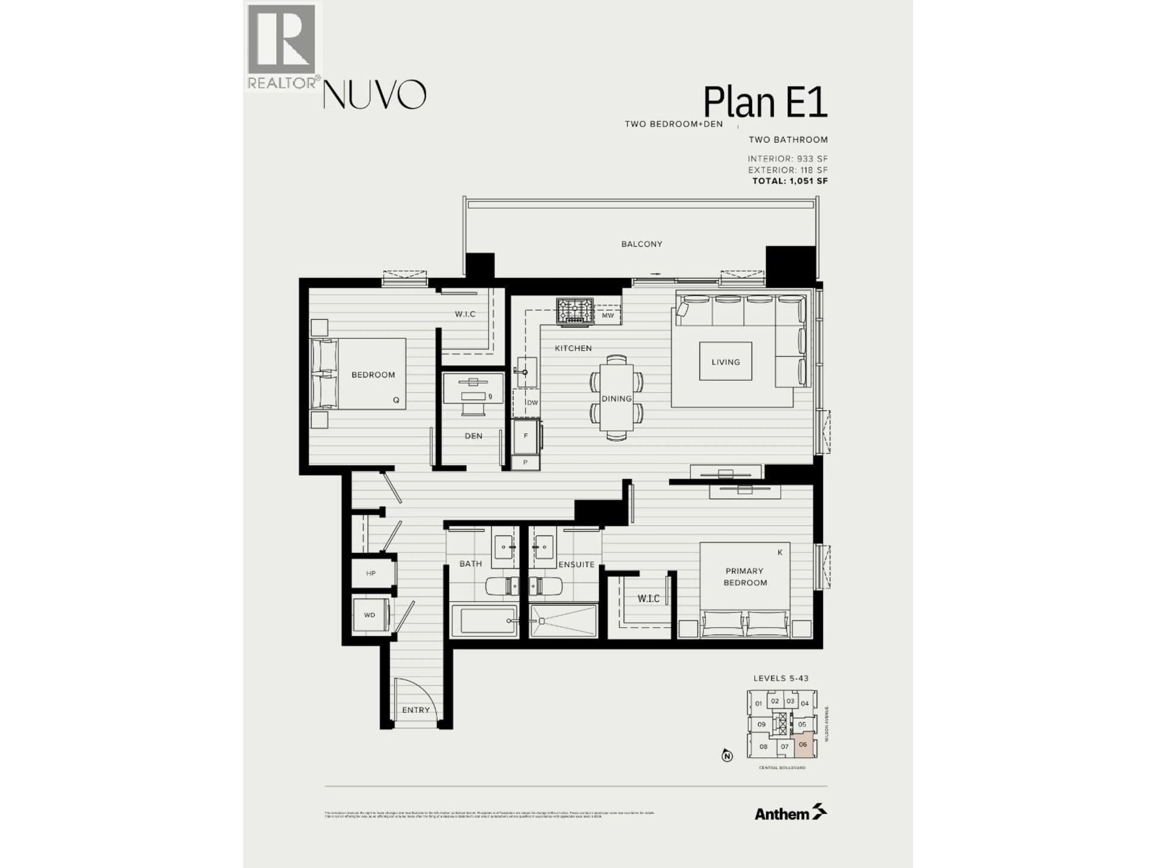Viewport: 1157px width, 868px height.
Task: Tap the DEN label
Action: click(x=473, y=436)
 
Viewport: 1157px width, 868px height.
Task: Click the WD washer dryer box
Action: click(x=370, y=615)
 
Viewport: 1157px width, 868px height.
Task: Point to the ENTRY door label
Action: click(x=416, y=710)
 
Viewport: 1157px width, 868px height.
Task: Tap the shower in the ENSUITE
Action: click(x=563, y=621)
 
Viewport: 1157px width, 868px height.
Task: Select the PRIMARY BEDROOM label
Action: click(x=745, y=577)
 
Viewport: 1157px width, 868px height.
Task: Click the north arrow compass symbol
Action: click(x=726, y=756)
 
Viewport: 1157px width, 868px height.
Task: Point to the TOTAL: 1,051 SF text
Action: click(x=789, y=181)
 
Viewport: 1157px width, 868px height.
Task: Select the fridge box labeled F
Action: click(x=526, y=436)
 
